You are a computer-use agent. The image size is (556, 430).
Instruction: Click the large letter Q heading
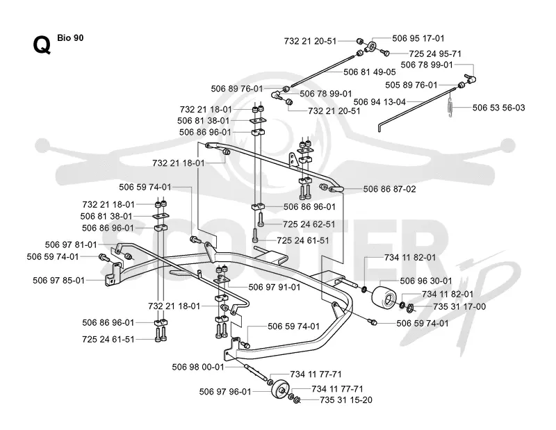point(42,45)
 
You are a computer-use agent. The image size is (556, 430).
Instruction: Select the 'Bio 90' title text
point(70,38)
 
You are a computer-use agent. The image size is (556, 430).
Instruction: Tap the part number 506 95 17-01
point(418,38)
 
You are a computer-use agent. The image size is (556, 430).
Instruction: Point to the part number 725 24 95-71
point(435,54)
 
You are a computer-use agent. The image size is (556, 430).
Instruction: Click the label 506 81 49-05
point(370,72)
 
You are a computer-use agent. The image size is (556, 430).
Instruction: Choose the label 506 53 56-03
point(498,108)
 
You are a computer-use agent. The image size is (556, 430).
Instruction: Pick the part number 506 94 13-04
point(379,102)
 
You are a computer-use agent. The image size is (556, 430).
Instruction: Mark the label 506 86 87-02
point(389,190)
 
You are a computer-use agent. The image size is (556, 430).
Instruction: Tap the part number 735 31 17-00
point(459,306)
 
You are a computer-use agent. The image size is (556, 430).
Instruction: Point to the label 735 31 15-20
point(345,400)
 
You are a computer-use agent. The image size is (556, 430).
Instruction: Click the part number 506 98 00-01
point(198,367)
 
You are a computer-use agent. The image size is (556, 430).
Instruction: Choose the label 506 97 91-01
point(274,287)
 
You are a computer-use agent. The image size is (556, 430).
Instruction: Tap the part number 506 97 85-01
point(59,281)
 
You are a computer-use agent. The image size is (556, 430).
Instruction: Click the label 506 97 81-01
point(71,245)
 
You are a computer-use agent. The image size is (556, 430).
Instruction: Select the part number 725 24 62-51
point(309,224)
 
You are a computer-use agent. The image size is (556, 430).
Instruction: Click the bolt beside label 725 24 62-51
point(261,219)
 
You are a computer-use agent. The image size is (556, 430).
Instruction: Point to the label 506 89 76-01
point(237,89)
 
